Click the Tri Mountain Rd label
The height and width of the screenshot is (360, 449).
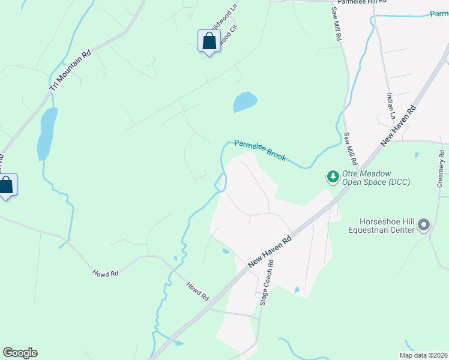[71, 70]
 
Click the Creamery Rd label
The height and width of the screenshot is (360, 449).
[442, 170]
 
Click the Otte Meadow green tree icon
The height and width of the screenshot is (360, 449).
[333, 177]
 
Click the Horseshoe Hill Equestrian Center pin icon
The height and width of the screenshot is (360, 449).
[424, 226]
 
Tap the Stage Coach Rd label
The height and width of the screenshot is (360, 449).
[267, 283]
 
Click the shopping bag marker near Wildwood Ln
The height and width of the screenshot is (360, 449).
[209, 41]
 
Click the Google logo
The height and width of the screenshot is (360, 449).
[20, 353]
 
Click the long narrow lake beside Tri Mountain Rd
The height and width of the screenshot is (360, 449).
[47, 133]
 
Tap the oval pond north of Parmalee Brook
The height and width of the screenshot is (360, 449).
[245, 102]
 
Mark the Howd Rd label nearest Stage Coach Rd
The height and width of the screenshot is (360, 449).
[197, 292]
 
